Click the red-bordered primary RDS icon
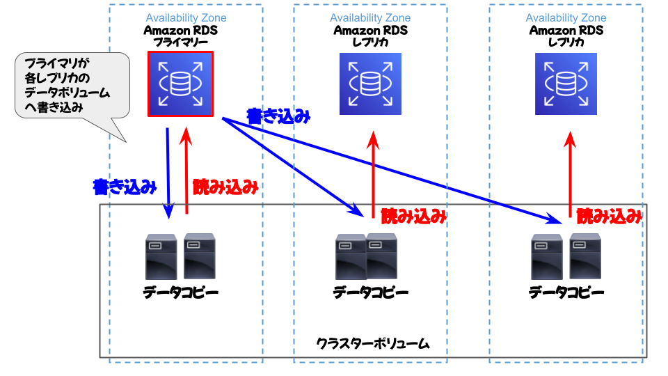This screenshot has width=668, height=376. [180, 84]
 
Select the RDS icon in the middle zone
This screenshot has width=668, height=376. [370, 84]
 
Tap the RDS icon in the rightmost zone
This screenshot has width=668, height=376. [566, 84]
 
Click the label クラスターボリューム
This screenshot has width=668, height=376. [373, 343]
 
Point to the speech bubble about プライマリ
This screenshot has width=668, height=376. [72, 85]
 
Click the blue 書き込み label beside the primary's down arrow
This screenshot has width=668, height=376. [125, 187]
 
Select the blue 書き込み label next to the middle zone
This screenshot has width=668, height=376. [278, 116]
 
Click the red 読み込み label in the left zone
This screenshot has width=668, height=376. [225, 187]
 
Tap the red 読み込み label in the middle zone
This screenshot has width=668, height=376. [413, 217]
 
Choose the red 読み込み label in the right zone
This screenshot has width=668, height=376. [610, 217]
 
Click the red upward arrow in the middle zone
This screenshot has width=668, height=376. [373, 175]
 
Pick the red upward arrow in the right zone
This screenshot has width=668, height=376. [570, 175]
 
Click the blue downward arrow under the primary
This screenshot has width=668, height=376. [168, 173]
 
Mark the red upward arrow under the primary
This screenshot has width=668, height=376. [186, 170]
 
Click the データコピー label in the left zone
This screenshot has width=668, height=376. [181, 292]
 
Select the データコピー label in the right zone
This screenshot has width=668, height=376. [566, 292]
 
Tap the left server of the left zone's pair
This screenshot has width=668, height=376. [161, 257]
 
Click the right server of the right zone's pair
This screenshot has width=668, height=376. [585, 256]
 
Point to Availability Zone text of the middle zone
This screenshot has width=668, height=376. [370, 18]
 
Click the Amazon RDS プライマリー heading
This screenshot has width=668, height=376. [181, 36]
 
